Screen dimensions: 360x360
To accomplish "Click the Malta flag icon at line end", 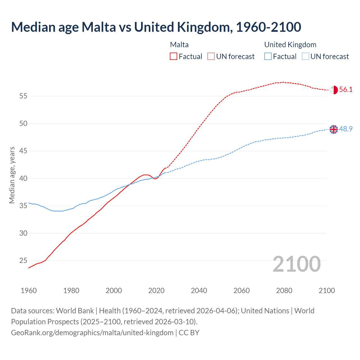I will (334, 90).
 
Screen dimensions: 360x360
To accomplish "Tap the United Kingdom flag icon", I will (334, 129).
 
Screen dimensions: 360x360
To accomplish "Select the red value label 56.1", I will (346, 90).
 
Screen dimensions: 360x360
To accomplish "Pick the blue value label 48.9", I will (346, 129).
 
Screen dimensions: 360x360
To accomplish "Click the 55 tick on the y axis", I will (23, 96).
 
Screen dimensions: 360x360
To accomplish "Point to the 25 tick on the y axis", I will (23, 261).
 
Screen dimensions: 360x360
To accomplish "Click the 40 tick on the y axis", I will (23, 179).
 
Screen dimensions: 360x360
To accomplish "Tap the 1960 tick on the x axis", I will (29, 291).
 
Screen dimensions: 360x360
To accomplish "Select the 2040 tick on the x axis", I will (199, 291).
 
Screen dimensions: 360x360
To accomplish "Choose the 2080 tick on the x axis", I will (284, 291).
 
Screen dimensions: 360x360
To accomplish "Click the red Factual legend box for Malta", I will (174, 57).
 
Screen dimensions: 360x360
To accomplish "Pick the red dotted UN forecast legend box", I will (211, 57).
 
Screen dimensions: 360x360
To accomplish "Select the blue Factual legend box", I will (268, 57).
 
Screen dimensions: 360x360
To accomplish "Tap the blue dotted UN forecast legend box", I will (305, 57).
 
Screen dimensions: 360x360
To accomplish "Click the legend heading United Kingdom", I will (290, 45).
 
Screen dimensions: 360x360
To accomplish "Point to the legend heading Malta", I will (179, 45).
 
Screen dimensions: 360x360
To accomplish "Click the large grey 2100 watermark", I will (297, 264).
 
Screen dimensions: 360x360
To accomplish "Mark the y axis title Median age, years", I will (12, 175).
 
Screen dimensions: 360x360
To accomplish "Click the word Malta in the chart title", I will (99, 27).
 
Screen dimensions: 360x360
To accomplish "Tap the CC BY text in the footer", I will (189, 333).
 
